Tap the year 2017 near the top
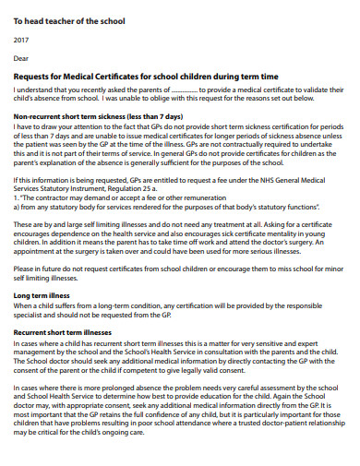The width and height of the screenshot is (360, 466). [21, 39]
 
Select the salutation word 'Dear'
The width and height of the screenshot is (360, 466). [21, 59]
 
